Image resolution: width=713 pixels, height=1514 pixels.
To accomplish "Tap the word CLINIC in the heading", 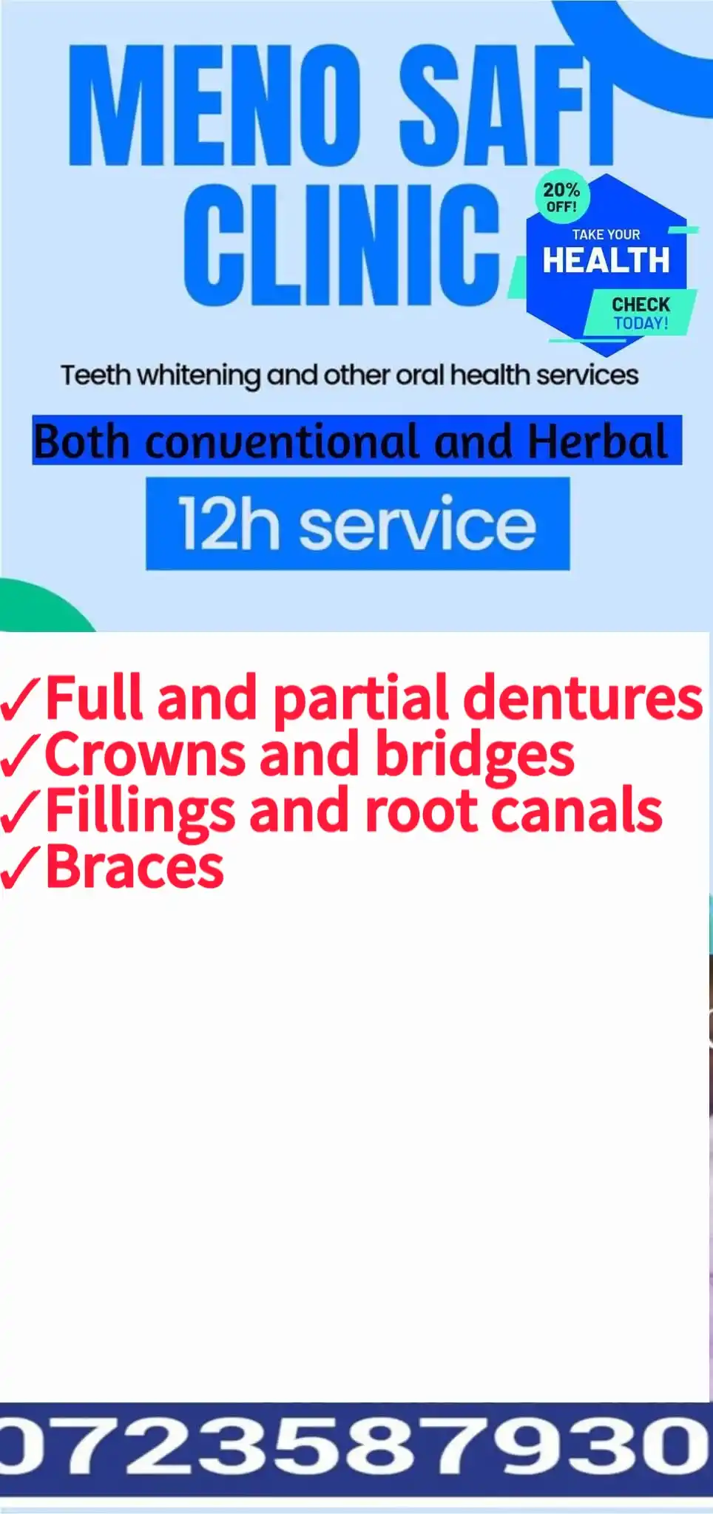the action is click(x=342, y=245).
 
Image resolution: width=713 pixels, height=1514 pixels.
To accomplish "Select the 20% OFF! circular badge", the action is click(x=561, y=197).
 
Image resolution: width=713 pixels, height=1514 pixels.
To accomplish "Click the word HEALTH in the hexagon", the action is click(x=606, y=260).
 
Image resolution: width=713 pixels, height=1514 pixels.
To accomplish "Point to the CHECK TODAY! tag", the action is click(x=641, y=313).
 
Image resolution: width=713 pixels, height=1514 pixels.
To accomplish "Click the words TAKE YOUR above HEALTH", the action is click(x=606, y=234).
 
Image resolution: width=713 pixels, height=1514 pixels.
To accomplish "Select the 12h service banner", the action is click(x=357, y=523).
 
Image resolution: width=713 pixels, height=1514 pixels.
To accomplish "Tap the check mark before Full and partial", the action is click(x=21, y=701).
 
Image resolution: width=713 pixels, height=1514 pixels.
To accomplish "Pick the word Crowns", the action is click(x=145, y=754).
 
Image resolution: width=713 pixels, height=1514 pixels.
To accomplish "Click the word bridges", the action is click(x=475, y=756).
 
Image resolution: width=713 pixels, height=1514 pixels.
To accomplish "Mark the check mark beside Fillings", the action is click(x=21, y=812).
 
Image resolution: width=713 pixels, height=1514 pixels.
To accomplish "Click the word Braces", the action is click(x=135, y=866).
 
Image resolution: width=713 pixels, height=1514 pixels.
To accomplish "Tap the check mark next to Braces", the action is click(x=21, y=868).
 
